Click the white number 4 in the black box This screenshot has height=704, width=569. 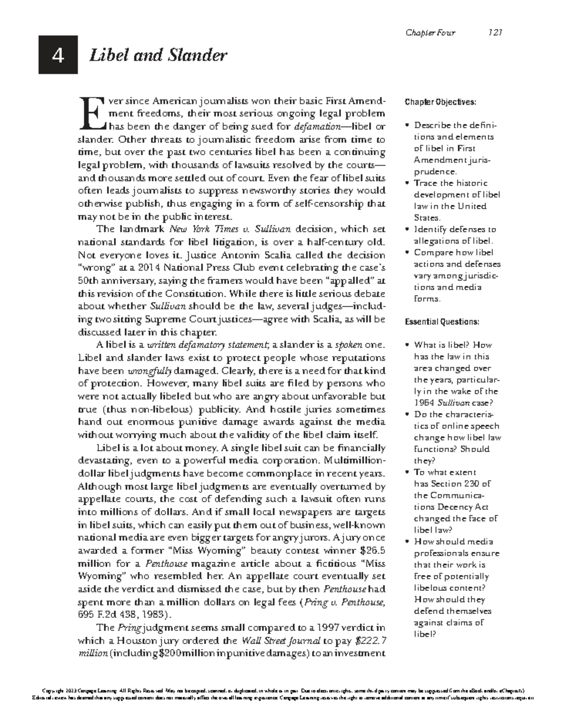click(x=58, y=56)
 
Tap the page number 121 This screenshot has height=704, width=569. click(x=495, y=33)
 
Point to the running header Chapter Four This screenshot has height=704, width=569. click(x=430, y=33)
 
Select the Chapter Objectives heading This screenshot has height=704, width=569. click(x=440, y=102)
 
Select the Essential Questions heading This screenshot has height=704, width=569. click(x=442, y=322)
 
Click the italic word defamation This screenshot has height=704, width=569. click(x=317, y=127)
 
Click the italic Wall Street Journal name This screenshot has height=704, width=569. click(x=281, y=641)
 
